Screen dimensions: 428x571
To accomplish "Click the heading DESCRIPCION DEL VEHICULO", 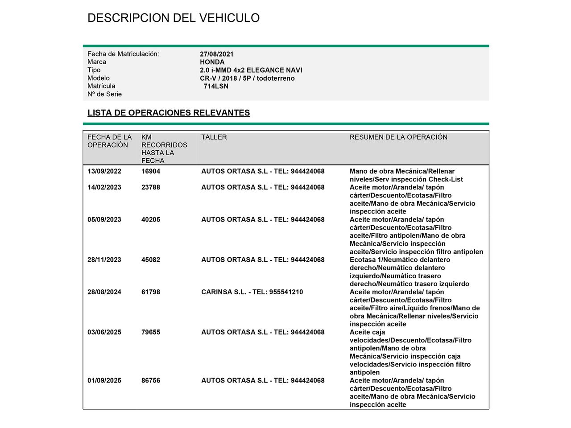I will click(x=173, y=18).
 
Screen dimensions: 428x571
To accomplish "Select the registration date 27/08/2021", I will click(x=216, y=54).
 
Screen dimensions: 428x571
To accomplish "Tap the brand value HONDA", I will click(x=212, y=62).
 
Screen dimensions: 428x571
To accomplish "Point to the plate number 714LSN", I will click(x=216, y=86).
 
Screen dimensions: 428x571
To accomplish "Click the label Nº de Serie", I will click(x=104, y=94).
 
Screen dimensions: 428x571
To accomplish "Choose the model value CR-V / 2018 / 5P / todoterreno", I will click(x=247, y=78).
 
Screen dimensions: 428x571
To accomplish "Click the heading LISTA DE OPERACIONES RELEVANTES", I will click(x=169, y=113).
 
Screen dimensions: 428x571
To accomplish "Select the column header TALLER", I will click(x=214, y=137).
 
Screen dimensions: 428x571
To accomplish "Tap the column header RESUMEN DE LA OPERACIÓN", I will click(x=398, y=137).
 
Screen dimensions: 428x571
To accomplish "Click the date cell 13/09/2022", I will click(x=104, y=171).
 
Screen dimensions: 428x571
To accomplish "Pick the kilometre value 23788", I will click(x=151, y=187).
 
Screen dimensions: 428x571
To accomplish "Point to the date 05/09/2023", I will click(x=104, y=219).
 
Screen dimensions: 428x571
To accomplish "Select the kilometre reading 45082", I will click(x=151, y=259).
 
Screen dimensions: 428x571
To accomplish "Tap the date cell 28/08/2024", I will click(x=104, y=292).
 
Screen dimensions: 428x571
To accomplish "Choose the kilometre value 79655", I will click(x=151, y=332).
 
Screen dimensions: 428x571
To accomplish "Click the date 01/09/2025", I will click(x=104, y=380).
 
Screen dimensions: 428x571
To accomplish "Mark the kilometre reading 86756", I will click(x=151, y=380).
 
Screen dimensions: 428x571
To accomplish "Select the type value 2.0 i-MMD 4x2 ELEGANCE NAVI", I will click(x=251, y=70).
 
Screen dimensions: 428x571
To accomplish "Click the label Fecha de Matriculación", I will click(x=123, y=54).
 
